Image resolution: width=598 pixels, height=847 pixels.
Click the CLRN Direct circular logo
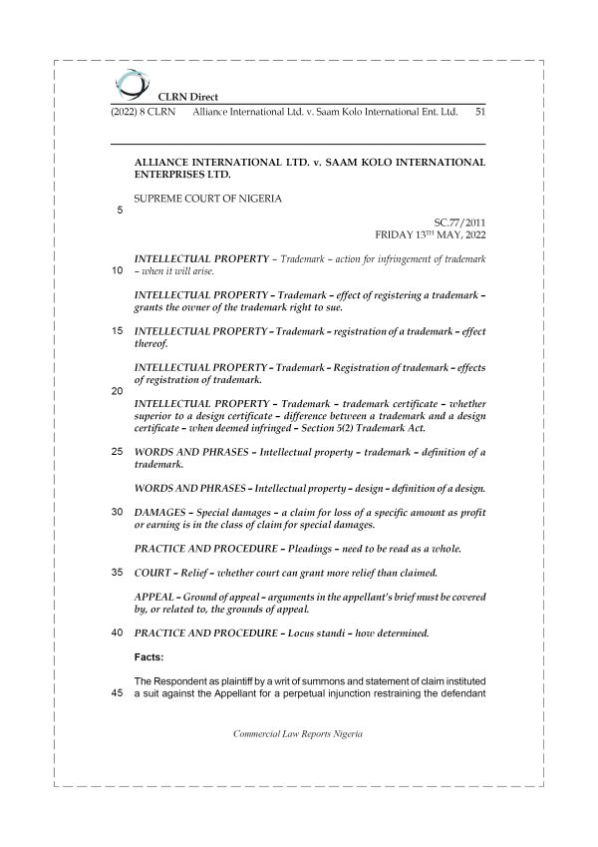[129, 84]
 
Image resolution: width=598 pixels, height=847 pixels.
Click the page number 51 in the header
[479, 113]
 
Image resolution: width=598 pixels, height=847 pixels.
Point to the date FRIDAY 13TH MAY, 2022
[430, 236]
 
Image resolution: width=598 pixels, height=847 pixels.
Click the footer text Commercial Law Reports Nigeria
[298, 733]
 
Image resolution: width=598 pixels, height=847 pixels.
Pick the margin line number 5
[121, 211]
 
